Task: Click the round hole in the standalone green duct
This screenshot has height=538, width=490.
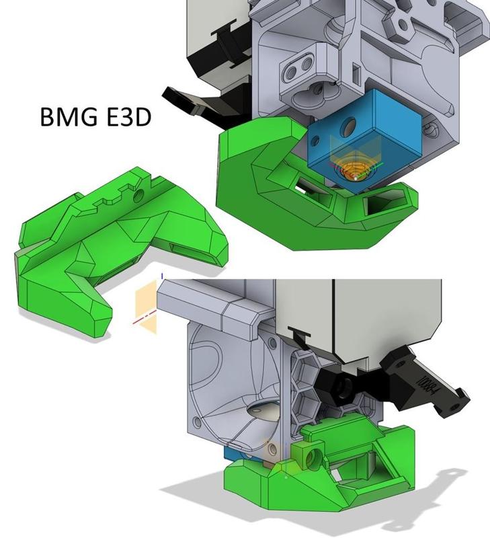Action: point(140,195)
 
